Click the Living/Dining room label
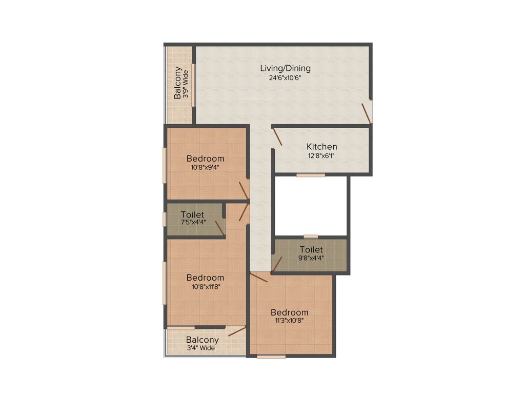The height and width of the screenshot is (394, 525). tap(285, 68)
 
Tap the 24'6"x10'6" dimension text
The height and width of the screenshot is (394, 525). tap(285, 78)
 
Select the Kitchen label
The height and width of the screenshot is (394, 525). tap(321, 147)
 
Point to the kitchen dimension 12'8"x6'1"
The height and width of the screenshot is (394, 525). tap(321, 156)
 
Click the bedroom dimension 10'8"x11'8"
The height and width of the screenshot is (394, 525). tap(205, 287)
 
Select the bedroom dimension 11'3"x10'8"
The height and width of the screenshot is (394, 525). tap(289, 322)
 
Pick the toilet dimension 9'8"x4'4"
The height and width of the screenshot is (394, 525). tap(311, 259)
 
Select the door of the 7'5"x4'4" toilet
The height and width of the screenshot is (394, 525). tap(219, 227)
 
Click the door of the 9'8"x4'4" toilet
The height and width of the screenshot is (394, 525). tap(277, 264)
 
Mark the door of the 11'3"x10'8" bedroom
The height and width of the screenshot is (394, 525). tap(259, 278)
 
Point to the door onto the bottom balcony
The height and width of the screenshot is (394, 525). tap(236, 331)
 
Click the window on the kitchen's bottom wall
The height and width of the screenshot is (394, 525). tap(310, 175)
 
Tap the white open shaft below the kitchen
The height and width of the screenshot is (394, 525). tap(311, 205)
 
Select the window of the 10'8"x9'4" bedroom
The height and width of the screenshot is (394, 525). tap(165, 165)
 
